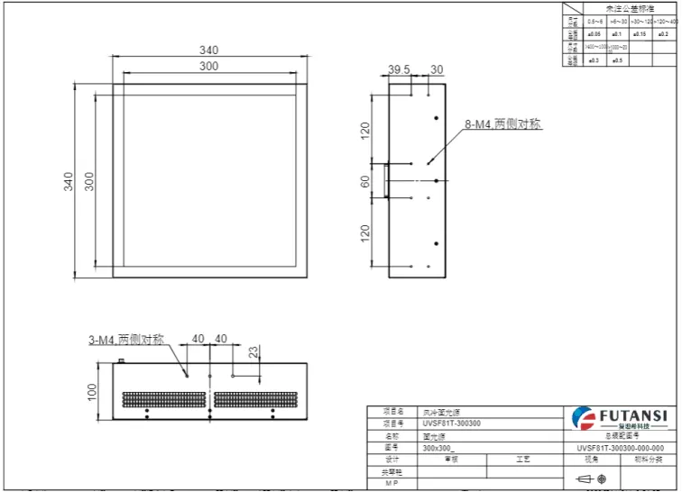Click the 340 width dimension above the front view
tap(208, 50)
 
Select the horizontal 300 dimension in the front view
tap(208, 67)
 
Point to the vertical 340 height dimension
tap(69, 180)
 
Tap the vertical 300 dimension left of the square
tap(88, 180)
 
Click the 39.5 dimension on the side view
tap(399, 69)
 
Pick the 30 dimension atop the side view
tap(437, 69)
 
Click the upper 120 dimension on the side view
tap(365, 131)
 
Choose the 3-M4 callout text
tap(126, 340)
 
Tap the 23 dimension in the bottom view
tap(253, 351)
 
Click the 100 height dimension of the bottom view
tap(90, 391)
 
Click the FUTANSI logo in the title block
tap(620, 416)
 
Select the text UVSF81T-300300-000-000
tap(620, 447)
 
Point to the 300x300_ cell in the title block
tap(439, 447)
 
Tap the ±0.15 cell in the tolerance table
tap(639, 33)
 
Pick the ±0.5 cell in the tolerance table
tap(617, 60)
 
